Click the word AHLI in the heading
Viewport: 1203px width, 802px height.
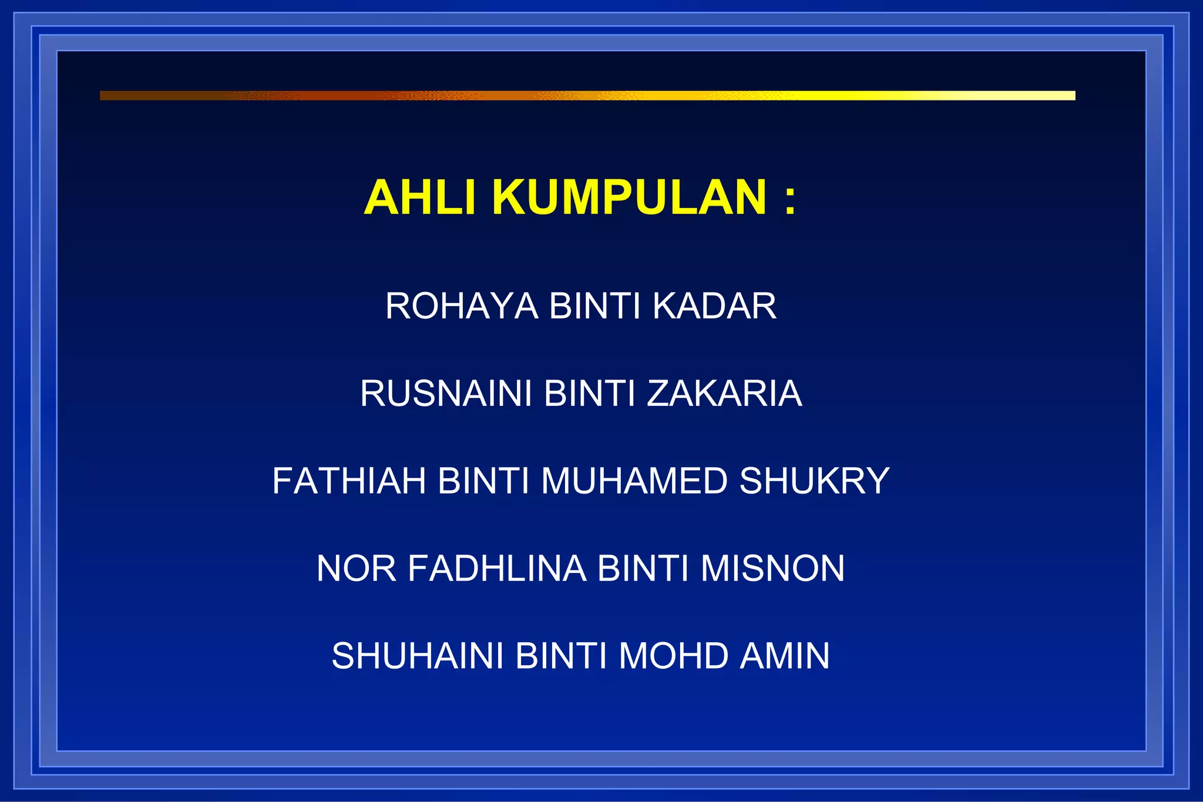click(419, 197)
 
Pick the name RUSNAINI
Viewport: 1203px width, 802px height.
click(446, 393)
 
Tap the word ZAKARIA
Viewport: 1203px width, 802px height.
click(724, 393)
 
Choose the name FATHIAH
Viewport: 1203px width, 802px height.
click(349, 481)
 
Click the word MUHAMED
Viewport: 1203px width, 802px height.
click(634, 481)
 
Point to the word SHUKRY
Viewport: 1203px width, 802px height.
click(814, 481)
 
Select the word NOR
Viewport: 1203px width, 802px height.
click(356, 568)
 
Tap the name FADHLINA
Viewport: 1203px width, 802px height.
click(497, 568)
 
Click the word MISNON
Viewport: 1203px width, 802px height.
click(772, 568)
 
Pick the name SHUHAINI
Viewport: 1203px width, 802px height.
click(418, 656)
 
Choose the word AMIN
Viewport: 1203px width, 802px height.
click(785, 656)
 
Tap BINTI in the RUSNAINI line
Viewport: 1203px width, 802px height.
click(590, 393)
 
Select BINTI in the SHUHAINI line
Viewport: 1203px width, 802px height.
click(561, 656)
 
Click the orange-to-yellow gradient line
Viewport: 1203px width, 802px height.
click(587, 96)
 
